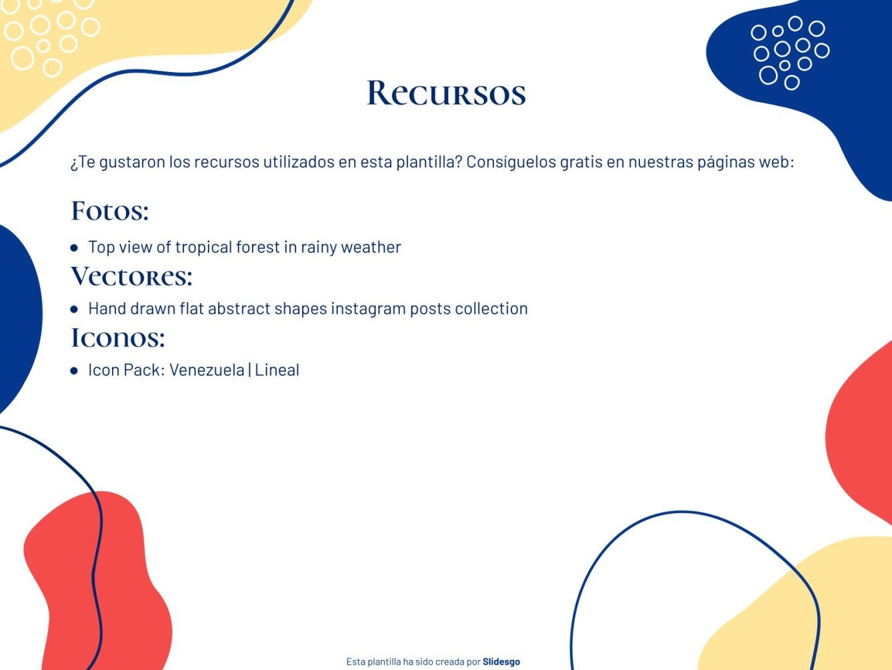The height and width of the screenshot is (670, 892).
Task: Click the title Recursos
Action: (x=446, y=93)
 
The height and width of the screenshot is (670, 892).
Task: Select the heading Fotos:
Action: (x=110, y=211)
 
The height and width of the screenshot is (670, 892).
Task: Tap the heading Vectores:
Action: (x=132, y=276)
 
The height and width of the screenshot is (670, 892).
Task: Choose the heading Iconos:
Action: (x=118, y=338)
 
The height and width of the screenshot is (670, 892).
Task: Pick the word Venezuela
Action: (x=207, y=370)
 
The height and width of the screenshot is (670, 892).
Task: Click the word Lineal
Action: (x=277, y=370)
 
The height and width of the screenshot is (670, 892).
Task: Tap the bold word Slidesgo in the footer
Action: (x=501, y=662)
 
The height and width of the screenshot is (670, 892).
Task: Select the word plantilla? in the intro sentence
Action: (x=429, y=162)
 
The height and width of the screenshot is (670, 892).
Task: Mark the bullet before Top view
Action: (x=74, y=248)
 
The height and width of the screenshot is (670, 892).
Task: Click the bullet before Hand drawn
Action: (x=74, y=309)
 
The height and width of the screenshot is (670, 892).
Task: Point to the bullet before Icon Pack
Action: (x=74, y=370)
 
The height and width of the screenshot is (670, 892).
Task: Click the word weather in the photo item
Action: (x=371, y=248)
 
